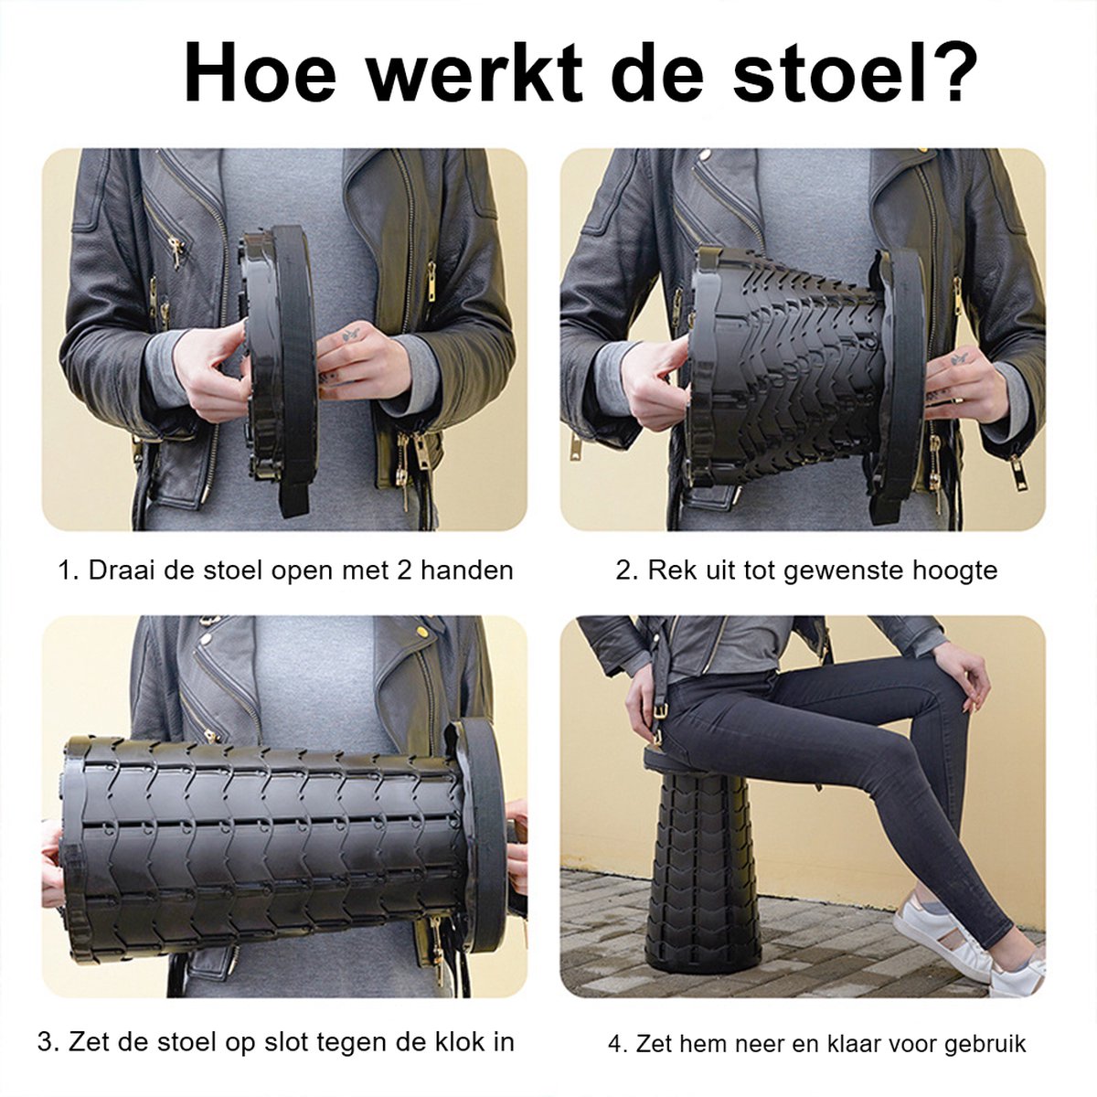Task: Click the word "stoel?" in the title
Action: tap(855, 73)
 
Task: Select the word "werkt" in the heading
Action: tap(474, 73)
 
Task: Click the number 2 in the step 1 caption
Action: tap(405, 570)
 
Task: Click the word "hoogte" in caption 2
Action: tap(954, 570)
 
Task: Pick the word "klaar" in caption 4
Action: tap(856, 1043)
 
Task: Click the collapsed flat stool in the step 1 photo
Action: tap(279, 366)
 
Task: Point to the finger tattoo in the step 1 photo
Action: tap(350, 335)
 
